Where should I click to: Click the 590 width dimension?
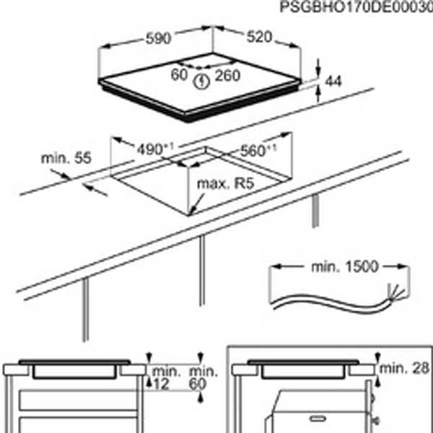[x=158, y=38]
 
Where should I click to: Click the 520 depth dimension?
[x=259, y=37]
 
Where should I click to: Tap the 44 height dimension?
[x=333, y=82]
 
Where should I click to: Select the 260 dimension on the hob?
[x=227, y=76]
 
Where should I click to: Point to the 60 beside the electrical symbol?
[x=179, y=74]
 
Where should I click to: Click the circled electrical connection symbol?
[x=201, y=82]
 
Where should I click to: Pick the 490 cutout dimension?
[x=155, y=149]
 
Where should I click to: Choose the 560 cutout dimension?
[x=258, y=151]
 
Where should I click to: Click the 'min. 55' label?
[x=66, y=158]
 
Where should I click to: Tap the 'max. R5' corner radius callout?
[x=225, y=183]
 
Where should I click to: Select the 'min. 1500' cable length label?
[x=344, y=267]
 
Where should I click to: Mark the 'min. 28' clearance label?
[x=404, y=368]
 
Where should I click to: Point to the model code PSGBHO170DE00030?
[x=357, y=7]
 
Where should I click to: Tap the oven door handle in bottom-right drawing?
[x=318, y=419]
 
